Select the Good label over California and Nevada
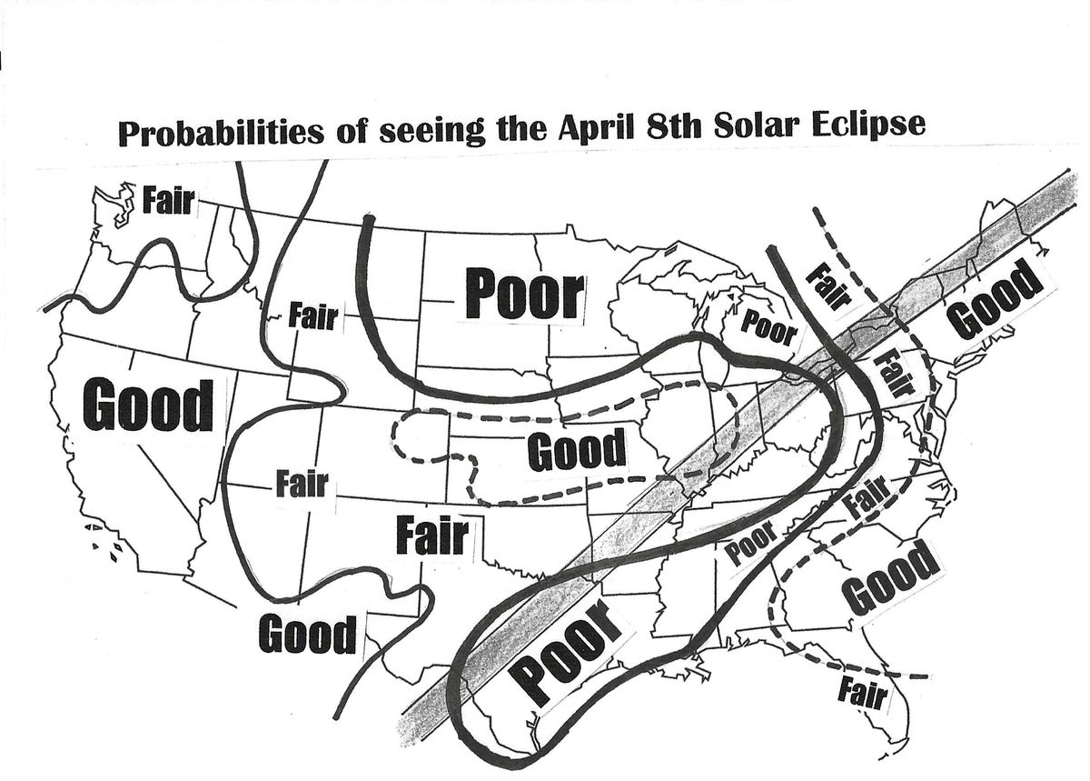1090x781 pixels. [x=148, y=406]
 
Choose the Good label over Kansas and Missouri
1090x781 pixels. [x=577, y=449]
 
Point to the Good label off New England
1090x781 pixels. [x=992, y=299]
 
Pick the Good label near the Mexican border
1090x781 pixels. [x=308, y=634]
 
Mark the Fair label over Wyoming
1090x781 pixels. [x=312, y=318]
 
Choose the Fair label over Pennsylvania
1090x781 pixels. [x=891, y=375]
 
